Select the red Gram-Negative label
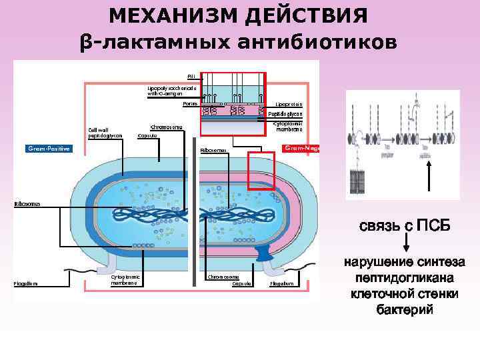click(302, 148)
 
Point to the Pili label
click(191, 77)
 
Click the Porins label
click(191, 103)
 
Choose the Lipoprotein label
click(289, 104)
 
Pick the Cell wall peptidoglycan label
click(106, 132)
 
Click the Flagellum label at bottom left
click(26, 283)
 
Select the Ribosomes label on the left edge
click(26, 202)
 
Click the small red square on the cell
click(261, 171)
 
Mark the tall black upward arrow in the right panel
click(429, 179)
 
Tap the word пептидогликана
click(405, 278)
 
